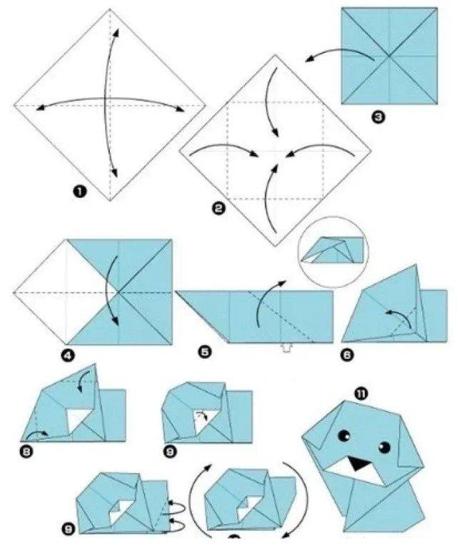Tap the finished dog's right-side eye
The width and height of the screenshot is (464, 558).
coord(384,447)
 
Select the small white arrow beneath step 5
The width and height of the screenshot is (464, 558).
coord(284,349)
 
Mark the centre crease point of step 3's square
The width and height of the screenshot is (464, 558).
coord(389,56)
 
